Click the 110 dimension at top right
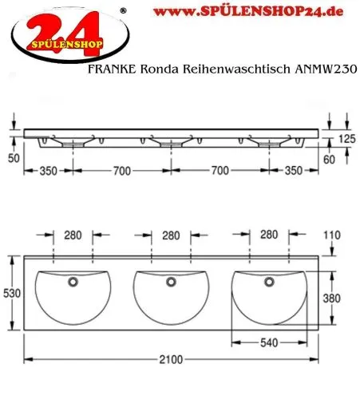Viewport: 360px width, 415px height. (333, 236)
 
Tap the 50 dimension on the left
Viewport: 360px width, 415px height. (11, 159)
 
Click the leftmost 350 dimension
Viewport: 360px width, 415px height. (48, 171)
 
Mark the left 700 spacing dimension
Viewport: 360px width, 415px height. (121, 171)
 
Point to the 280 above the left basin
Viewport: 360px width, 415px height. (74, 235)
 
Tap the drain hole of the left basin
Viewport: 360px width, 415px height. (74, 281)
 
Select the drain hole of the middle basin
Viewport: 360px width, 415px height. (168, 281)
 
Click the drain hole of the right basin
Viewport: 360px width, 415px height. (269, 281)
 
